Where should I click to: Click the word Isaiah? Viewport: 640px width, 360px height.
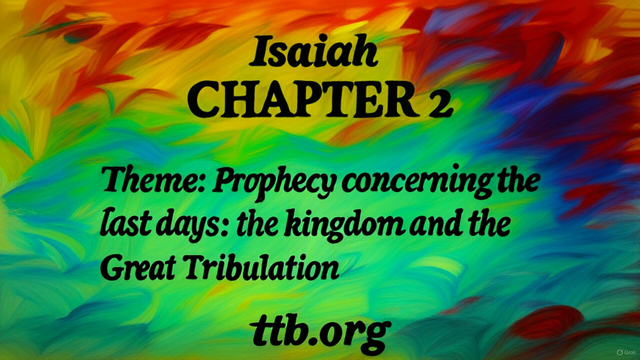[313, 53]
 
